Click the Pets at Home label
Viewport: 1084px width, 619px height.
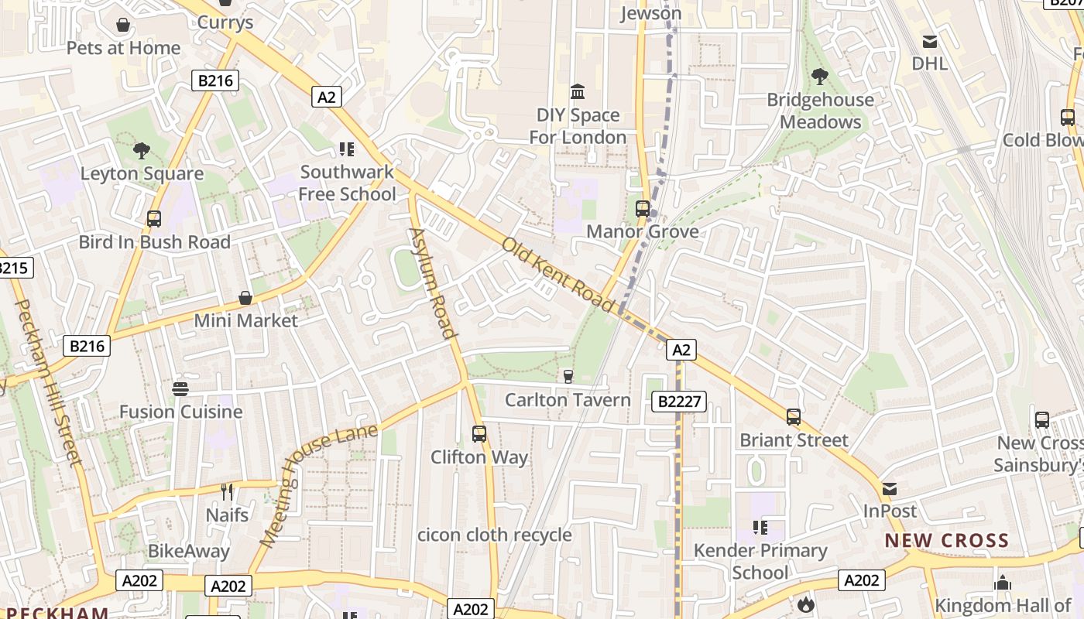point(123,48)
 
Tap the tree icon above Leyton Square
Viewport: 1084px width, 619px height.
point(141,150)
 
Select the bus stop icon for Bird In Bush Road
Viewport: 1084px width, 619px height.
point(154,219)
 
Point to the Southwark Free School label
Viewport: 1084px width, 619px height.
point(348,183)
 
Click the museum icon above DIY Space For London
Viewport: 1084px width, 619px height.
point(578,92)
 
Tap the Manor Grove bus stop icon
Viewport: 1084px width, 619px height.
point(643,208)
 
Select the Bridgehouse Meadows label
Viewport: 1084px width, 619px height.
point(820,111)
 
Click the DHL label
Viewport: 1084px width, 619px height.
point(929,63)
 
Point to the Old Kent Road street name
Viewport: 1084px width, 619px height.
point(557,275)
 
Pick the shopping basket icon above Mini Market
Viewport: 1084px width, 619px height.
point(245,298)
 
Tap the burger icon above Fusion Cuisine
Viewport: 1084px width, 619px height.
point(180,388)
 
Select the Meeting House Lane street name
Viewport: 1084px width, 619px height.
point(318,486)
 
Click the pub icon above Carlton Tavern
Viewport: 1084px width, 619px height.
point(568,376)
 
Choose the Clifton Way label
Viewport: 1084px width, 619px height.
point(479,457)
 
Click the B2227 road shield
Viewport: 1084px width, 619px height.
point(679,402)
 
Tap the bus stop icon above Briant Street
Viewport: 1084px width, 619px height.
point(794,417)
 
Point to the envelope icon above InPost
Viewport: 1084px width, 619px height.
point(890,489)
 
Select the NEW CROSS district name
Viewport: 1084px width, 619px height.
point(947,541)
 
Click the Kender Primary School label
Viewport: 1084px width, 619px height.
point(760,561)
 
